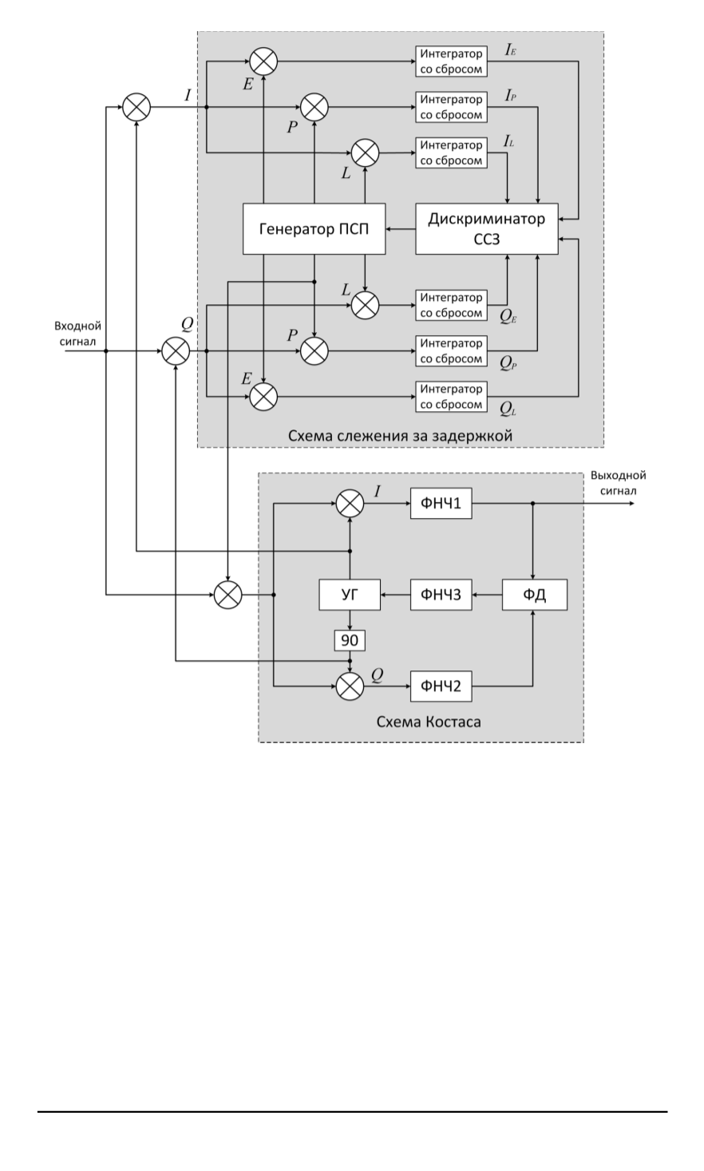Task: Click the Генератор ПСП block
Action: [314, 229]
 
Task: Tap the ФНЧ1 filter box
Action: [441, 503]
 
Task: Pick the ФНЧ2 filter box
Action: [441, 686]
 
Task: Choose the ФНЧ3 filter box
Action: [441, 595]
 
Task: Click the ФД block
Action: [535, 595]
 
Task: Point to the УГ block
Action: [349, 595]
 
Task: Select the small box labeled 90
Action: [349, 639]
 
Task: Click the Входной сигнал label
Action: [77, 334]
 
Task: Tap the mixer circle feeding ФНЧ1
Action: [349, 503]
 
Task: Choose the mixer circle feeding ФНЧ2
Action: [349, 686]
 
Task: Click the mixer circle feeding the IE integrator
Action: [263, 61]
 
